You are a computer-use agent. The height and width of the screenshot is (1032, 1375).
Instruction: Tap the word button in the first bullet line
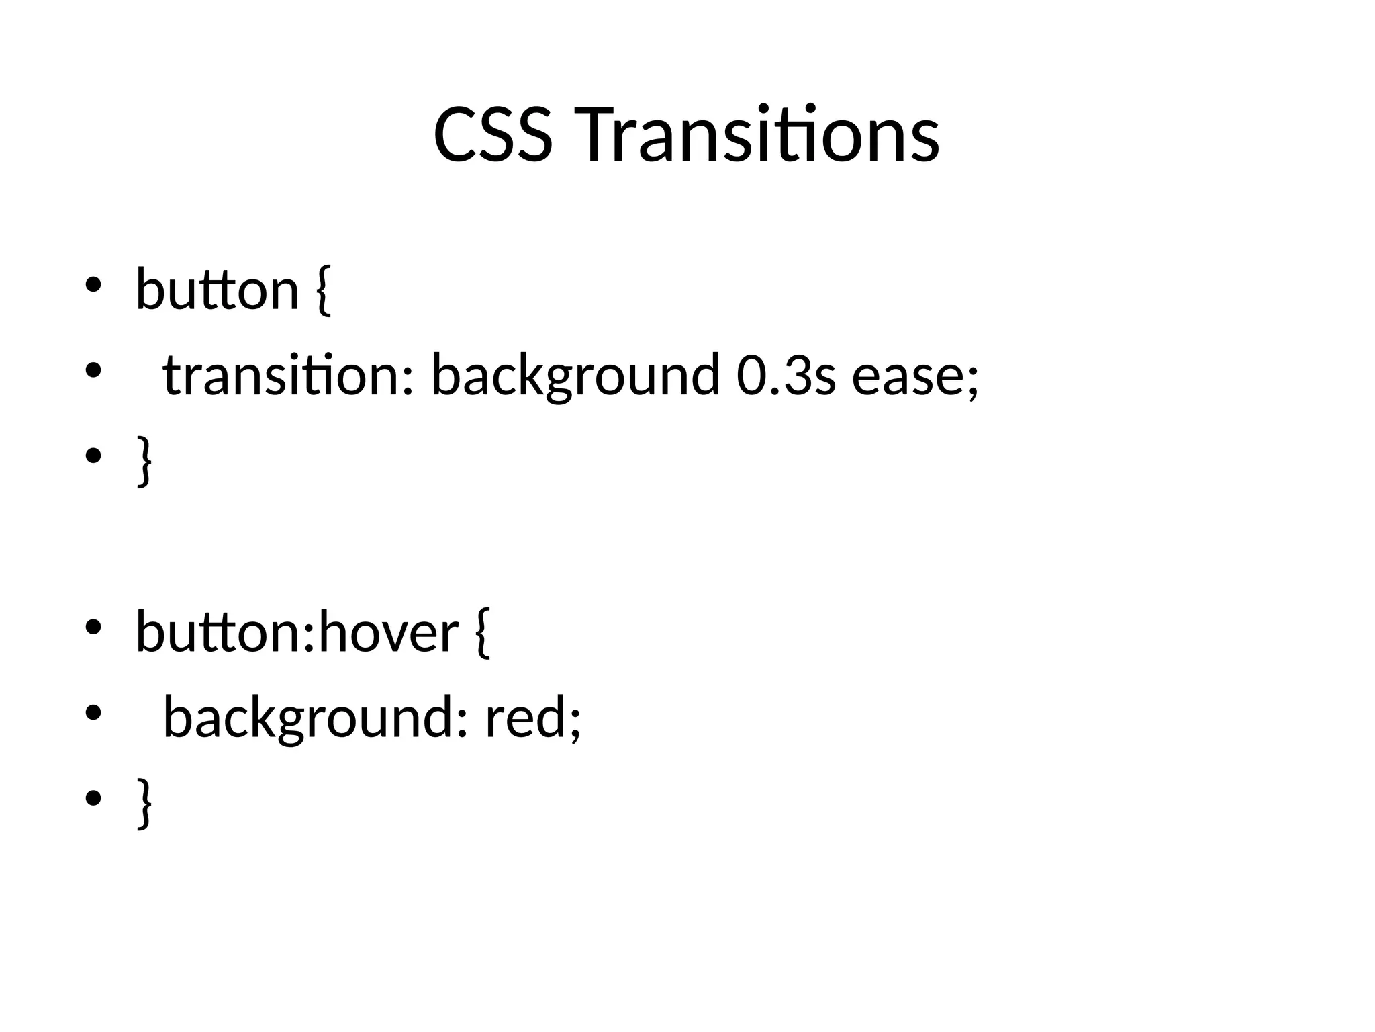point(217,290)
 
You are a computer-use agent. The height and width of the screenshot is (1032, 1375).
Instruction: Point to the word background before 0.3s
point(575,375)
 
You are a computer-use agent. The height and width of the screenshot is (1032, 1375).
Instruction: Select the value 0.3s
point(786,375)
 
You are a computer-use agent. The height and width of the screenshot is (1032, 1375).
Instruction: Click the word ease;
point(916,375)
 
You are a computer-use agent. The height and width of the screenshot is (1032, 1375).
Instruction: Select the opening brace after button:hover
point(482,632)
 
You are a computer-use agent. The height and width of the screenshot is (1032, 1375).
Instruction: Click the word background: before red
point(315,718)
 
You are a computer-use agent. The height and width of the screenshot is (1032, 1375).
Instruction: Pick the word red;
point(532,718)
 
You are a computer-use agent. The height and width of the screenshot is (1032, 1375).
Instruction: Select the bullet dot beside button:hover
point(93,628)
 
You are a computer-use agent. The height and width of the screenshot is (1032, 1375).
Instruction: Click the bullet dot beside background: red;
point(93,713)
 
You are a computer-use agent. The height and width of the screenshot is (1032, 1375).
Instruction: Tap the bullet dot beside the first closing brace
point(93,456)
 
